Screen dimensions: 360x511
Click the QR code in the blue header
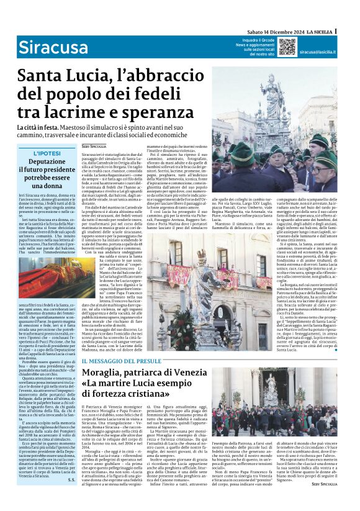click(287, 47)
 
